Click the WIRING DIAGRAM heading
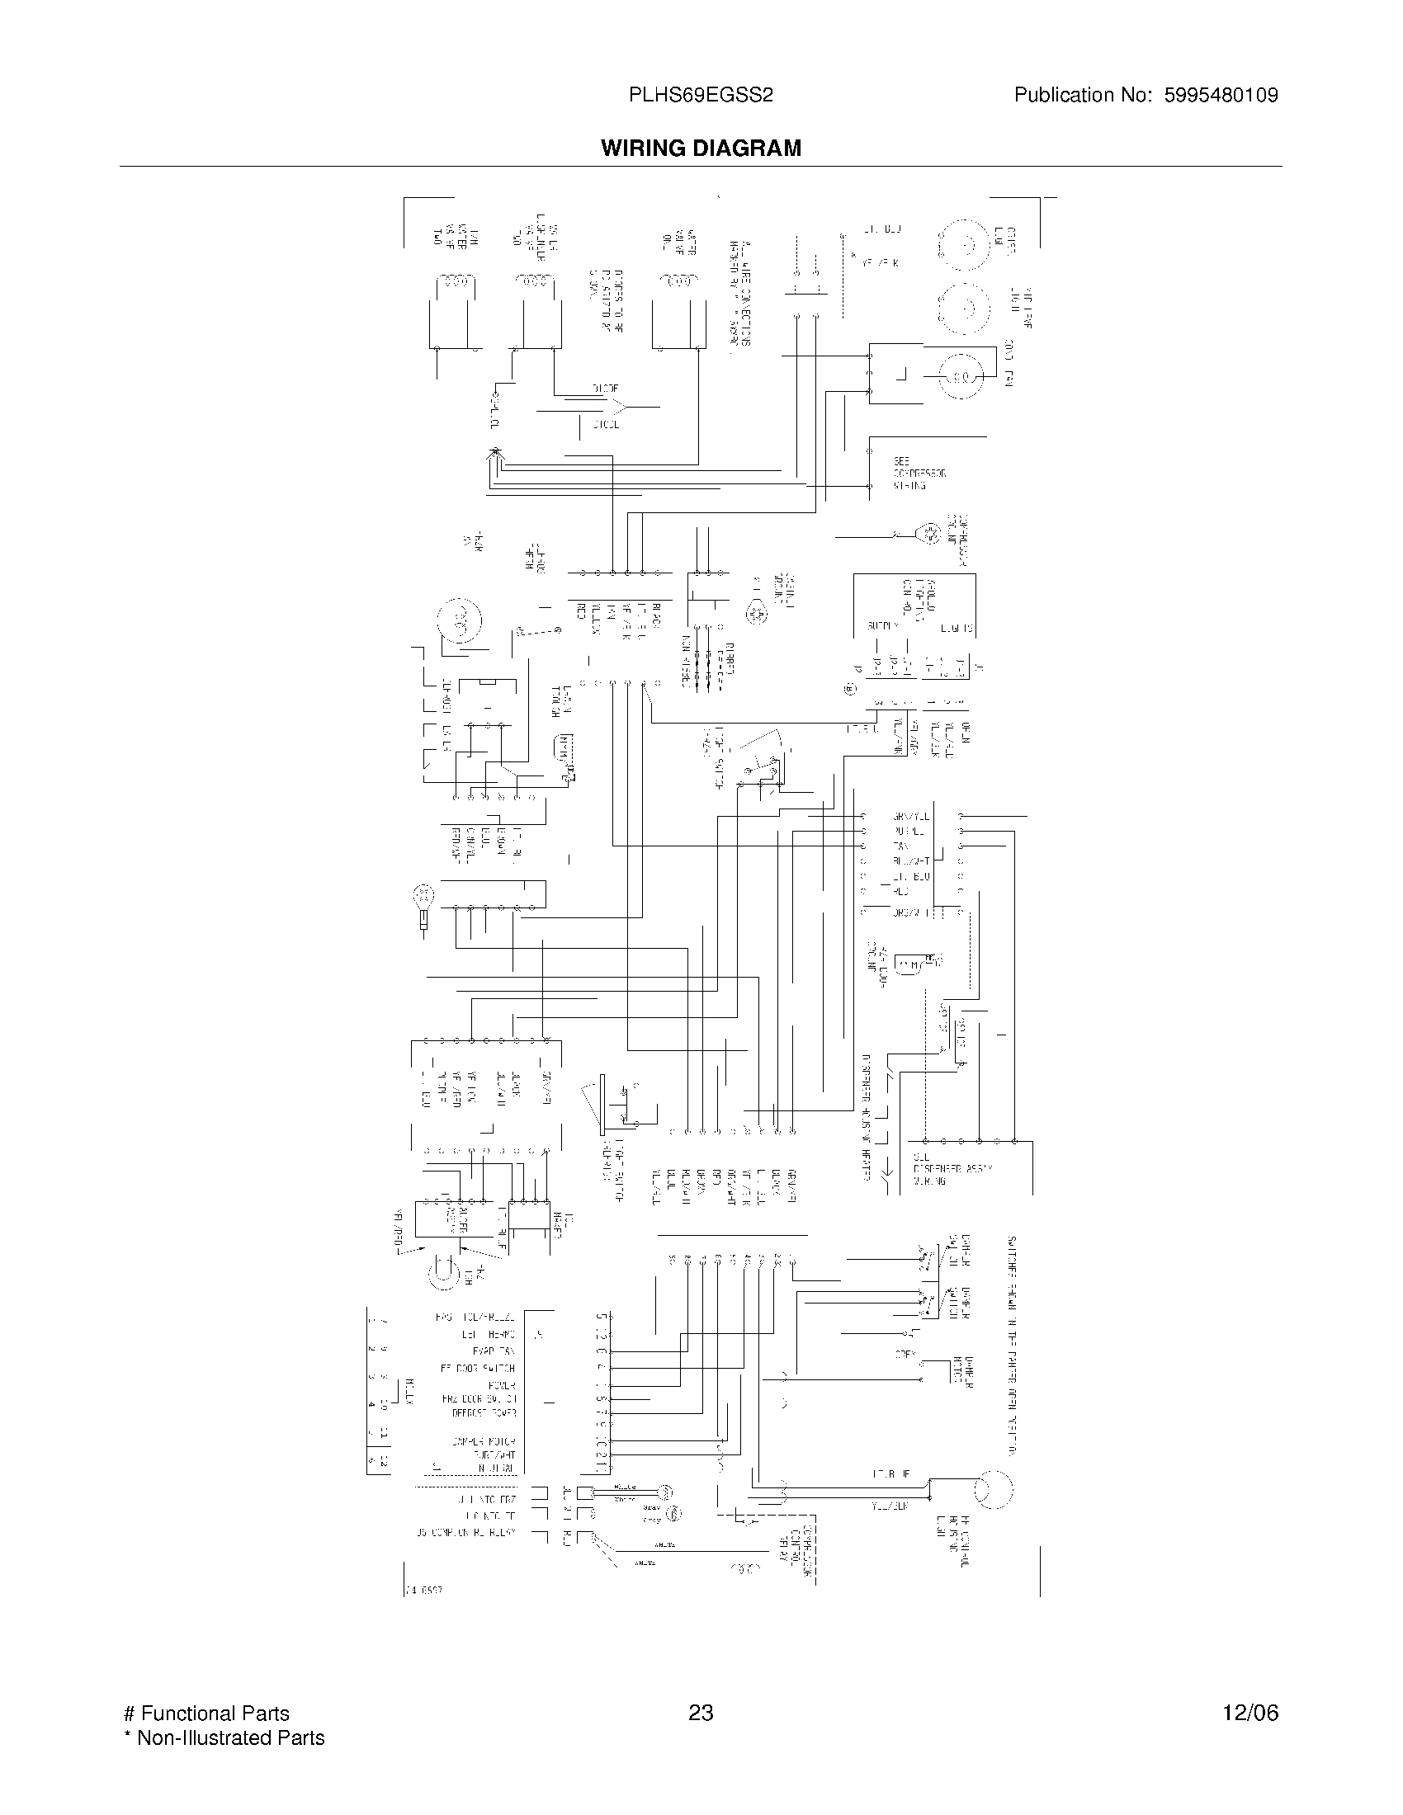coord(701,148)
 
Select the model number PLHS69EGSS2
coord(701,96)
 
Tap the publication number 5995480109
coord(1221,96)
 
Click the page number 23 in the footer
coord(701,1713)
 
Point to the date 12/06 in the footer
coord(1250,1713)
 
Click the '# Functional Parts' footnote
coord(206,1714)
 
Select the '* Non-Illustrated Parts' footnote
coord(224,1737)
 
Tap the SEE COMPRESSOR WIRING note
coord(919,473)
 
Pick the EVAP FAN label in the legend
coord(494,1351)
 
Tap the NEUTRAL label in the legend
coord(496,1469)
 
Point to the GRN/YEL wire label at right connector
coord(911,816)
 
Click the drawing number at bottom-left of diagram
coord(424,1589)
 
